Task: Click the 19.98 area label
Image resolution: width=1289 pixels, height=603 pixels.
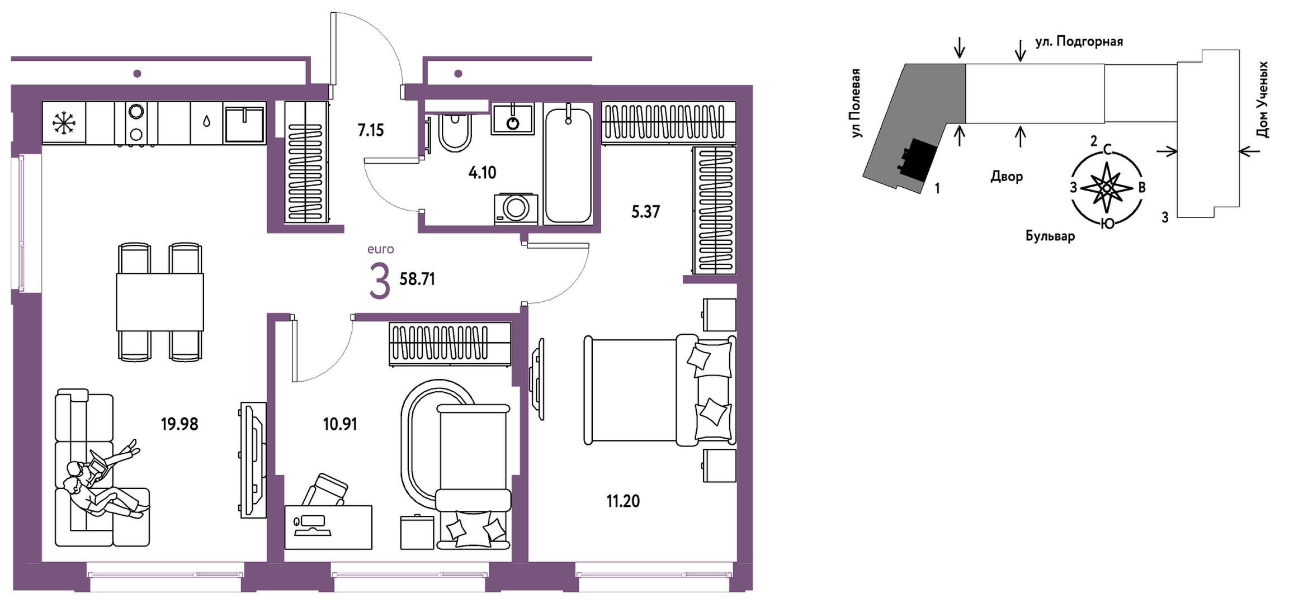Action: point(180,424)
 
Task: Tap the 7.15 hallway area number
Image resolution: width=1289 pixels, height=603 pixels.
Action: point(371,130)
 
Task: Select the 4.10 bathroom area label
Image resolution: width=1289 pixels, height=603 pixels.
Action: point(482,172)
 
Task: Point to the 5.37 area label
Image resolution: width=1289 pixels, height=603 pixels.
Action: point(645,212)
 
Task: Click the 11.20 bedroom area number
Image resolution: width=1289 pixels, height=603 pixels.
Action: point(623,501)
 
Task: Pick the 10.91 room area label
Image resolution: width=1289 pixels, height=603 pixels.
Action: point(340,424)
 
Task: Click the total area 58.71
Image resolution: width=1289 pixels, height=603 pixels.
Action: point(417,279)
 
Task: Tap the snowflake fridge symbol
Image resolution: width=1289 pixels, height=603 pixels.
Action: point(64,123)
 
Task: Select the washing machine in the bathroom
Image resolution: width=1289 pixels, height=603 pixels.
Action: point(516,209)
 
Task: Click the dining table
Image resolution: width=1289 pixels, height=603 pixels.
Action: point(160,302)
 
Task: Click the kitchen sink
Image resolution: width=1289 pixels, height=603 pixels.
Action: point(244,125)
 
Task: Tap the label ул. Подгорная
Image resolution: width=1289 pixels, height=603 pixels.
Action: point(1079,42)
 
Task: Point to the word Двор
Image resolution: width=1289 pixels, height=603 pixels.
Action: point(1007,177)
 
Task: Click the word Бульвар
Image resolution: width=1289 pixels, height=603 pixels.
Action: point(1050,236)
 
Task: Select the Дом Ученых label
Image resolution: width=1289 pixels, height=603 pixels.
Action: point(1262,99)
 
